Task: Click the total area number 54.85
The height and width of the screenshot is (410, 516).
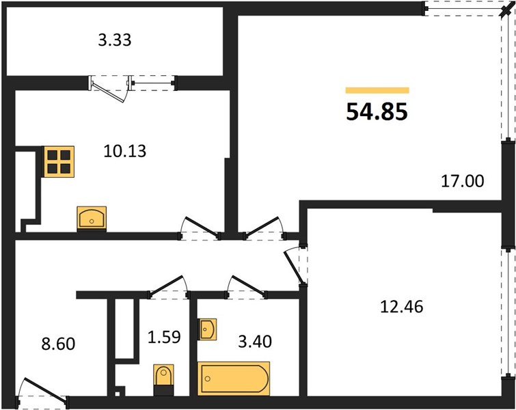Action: [377, 112]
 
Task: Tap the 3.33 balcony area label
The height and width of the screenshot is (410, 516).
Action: [115, 40]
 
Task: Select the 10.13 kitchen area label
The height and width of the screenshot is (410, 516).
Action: [124, 151]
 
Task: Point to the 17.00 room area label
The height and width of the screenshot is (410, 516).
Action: [463, 181]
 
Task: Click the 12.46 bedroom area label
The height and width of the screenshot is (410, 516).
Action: [402, 307]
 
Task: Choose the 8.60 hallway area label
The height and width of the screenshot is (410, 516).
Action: [58, 344]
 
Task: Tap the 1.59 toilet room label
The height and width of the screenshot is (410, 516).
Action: [164, 338]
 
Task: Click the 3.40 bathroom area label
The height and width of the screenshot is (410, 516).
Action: [255, 342]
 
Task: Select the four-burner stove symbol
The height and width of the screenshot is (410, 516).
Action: [59, 162]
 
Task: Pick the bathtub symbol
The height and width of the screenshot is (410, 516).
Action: [234, 379]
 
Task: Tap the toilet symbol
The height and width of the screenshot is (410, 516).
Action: [163, 379]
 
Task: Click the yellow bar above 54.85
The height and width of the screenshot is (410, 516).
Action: [377, 90]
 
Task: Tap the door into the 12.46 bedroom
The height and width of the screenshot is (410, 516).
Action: [294, 266]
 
